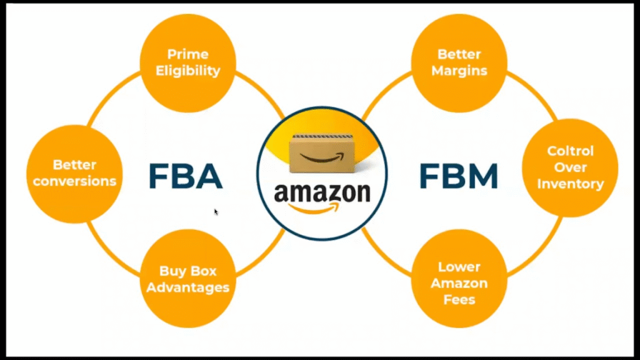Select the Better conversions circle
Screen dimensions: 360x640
(75, 174)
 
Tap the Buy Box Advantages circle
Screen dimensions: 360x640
(194, 280)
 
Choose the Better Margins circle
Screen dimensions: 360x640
(462, 62)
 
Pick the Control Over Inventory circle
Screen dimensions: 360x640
(570, 167)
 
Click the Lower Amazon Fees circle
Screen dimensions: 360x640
(459, 283)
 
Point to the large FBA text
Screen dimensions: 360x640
(186, 176)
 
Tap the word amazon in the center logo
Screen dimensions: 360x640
(322, 193)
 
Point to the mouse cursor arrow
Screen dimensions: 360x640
(216, 212)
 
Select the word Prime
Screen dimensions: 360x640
(188, 54)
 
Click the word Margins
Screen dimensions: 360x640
(462, 71)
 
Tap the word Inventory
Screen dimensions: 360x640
(570, 184)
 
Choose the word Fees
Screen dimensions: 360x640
(459, 299)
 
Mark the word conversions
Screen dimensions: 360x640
(75, 181)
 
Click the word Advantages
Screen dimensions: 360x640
(194, 288)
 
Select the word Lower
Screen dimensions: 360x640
(459, 267)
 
